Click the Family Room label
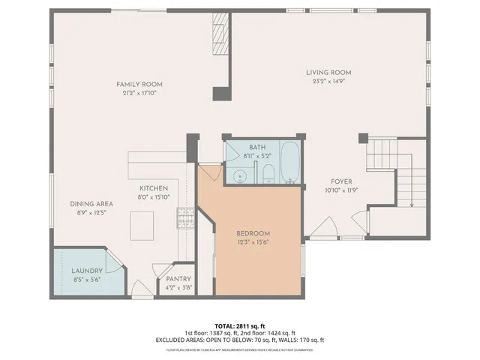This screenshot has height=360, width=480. tap(139, 85)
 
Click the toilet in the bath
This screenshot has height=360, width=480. tap(268, 173)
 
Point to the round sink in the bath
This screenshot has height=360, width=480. tap(239, 176)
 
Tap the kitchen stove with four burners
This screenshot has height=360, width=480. tap(184, 217)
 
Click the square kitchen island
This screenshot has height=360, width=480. tap(142, 223)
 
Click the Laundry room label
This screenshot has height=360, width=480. tap(86, 271)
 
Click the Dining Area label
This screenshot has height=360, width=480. tap(91, 204)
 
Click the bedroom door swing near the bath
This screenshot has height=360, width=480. tap(211, 172)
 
